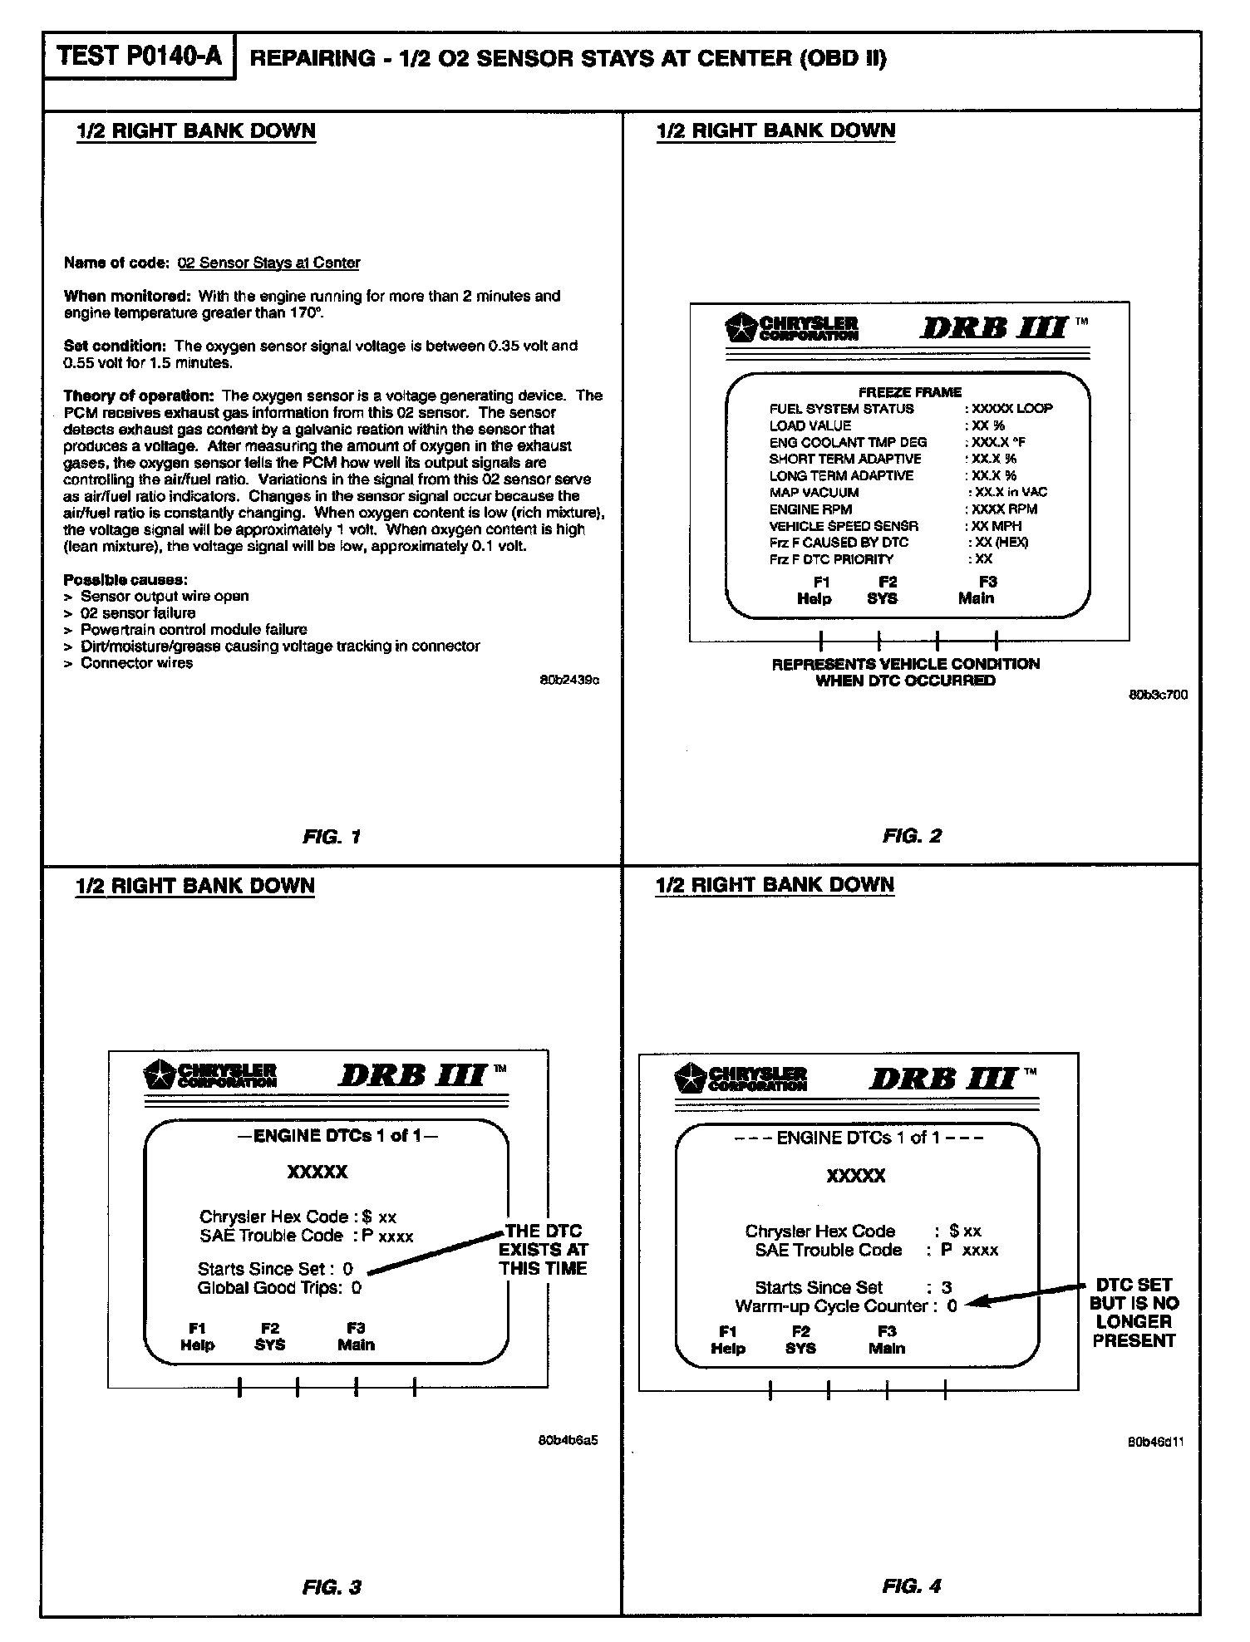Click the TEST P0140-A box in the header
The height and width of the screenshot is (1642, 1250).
point(140,57)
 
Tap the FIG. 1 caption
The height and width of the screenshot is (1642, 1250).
point(332,837)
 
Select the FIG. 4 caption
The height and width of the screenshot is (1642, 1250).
point(912,1586)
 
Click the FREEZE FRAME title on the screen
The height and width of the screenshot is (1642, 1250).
point(909,392)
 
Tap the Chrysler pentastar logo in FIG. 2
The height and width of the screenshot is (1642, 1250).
point(737,327)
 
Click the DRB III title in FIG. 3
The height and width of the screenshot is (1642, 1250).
point(411,1076)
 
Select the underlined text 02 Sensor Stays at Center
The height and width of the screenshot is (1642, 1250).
point(269,263)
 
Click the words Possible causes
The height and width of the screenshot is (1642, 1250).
point(125,579)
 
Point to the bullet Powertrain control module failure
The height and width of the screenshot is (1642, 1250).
point(194,630)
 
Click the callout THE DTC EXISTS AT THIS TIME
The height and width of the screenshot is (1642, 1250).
point(543,1250)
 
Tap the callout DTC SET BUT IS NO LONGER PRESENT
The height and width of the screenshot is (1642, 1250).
point(1134,1312)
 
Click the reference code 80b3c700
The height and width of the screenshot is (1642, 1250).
point(1158,695)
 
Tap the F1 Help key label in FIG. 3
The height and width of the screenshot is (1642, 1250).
point(197,1336)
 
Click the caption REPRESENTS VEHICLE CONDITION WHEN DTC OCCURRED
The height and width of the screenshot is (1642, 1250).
point(905,672)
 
